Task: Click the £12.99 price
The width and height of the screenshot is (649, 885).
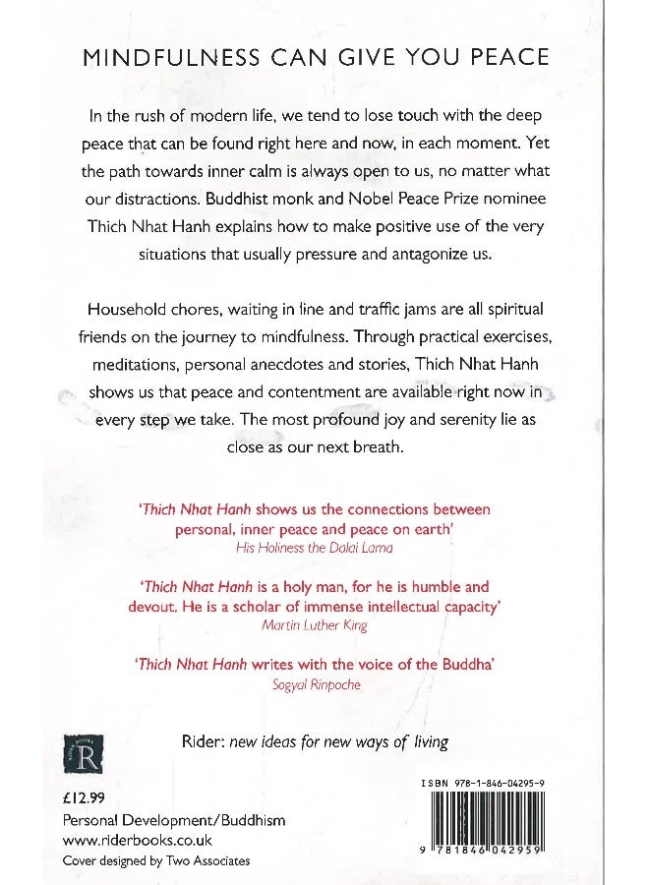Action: (x=83, y=799)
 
